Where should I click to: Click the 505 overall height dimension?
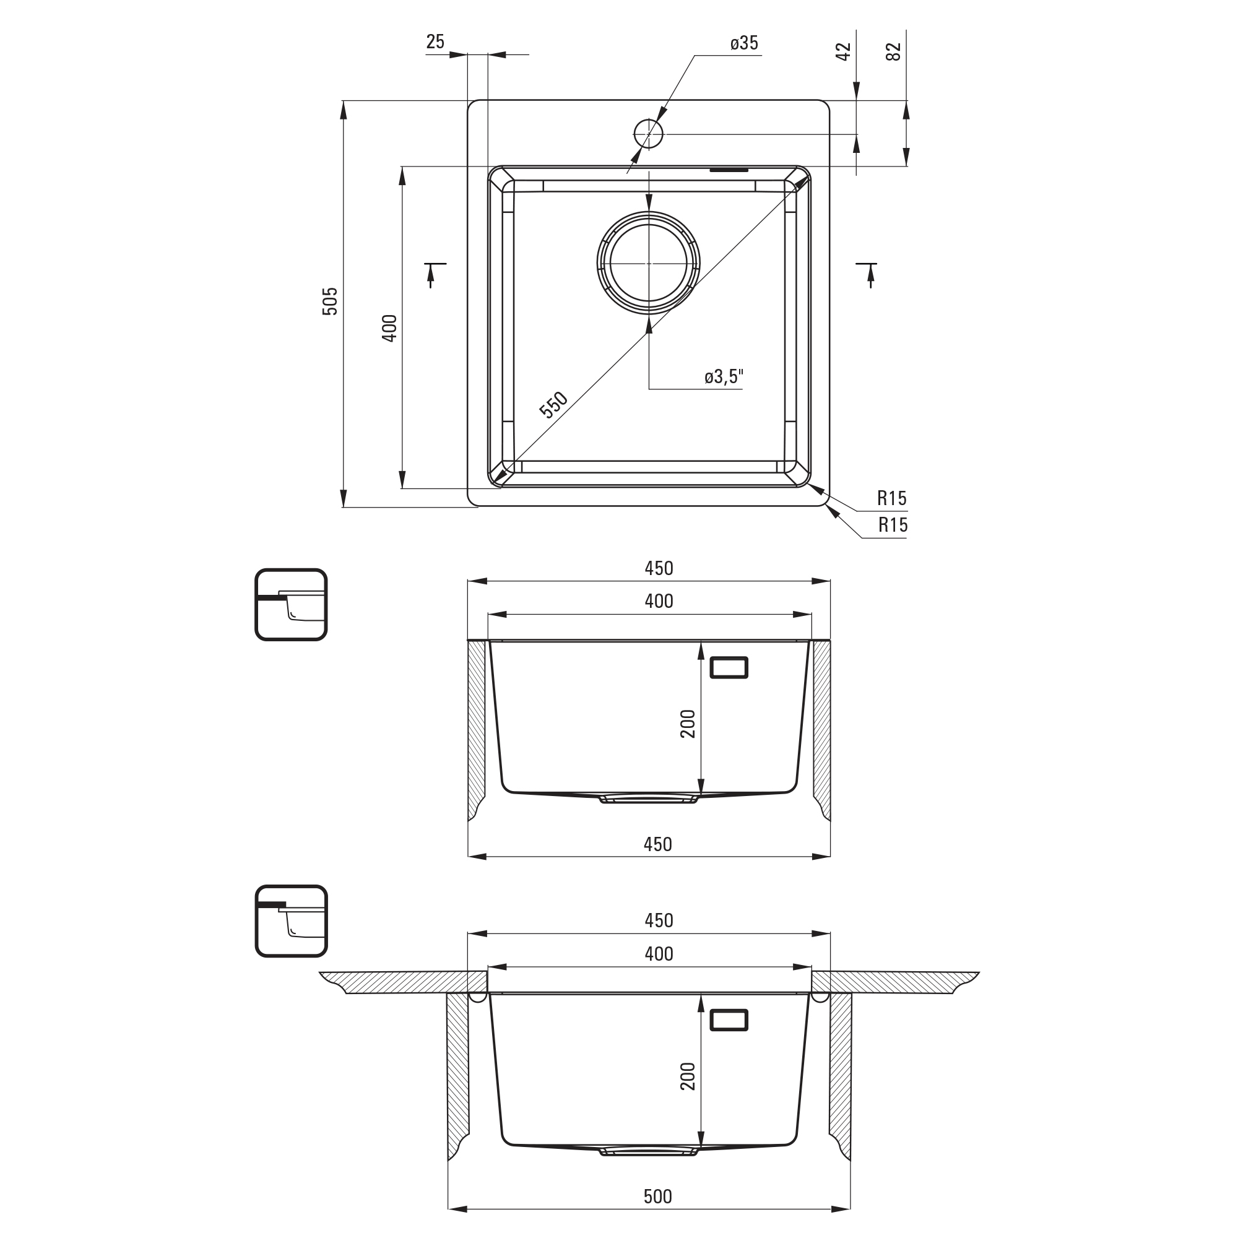329,301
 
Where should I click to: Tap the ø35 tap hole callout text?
744,43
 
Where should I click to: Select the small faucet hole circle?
649,134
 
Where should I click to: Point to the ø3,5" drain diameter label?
724,376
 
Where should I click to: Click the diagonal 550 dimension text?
553,404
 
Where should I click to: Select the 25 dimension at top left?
435,41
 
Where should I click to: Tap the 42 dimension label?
843,51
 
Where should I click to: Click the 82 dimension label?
893,51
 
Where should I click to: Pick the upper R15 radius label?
892,498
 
